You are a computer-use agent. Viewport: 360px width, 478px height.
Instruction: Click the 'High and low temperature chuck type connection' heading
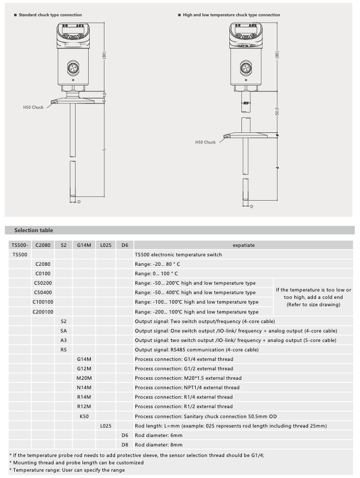click(x=231, y=15)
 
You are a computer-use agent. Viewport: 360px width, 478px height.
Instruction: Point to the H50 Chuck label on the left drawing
click(x=33, y=107)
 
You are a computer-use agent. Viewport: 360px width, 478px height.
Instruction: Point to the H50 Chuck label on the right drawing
click(x=205, y=142)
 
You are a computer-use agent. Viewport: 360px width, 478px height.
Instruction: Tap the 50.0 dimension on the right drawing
click(x=277, y=111)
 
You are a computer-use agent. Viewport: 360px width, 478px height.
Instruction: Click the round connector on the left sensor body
click(x=73, y=67)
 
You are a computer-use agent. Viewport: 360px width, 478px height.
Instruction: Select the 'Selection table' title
click(x=34, y=230)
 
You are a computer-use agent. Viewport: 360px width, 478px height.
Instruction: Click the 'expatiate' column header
click(x=243, y=245)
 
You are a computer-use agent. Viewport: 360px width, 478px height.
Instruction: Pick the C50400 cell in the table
click(x=43, y=292)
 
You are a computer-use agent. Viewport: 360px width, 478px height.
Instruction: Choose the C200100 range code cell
click(x=43, y=311)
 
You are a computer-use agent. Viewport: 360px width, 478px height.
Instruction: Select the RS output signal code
click(x=63, y=349)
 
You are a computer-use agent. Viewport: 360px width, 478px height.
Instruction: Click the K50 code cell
click(x=84, y=415)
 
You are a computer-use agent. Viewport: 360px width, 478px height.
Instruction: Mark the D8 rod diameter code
click(x=124, y=444)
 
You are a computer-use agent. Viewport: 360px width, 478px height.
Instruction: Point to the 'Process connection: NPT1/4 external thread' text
click(x=187, y=387)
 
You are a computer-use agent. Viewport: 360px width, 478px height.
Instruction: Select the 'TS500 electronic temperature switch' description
click(x=178, y=254)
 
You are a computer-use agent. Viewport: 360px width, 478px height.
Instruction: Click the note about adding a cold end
click(x=313, y=297)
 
